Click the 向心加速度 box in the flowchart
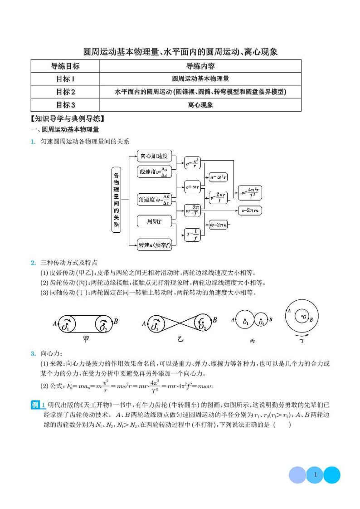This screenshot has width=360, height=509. pos(154,157)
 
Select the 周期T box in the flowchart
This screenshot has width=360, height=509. pos(154,221)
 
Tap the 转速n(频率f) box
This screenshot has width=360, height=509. pos(155,245)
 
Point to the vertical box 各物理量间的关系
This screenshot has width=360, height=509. pos(117,200)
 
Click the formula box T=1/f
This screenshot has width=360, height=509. pos(193,235)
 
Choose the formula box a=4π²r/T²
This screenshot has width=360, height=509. pos(250,192)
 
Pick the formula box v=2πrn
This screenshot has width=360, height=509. pos(250,210)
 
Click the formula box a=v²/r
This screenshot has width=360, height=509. pos(194,162)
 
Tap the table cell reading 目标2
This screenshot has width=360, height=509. pos(65,92)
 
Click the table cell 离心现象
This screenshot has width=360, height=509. pos(200,105)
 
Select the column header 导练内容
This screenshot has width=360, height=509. pos(200,66)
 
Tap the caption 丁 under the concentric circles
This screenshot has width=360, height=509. pos(302,340)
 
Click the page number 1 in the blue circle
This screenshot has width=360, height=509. pos(315,475)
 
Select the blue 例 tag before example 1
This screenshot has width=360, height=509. pos(36,405)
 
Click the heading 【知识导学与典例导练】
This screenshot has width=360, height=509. pos(68,119)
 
